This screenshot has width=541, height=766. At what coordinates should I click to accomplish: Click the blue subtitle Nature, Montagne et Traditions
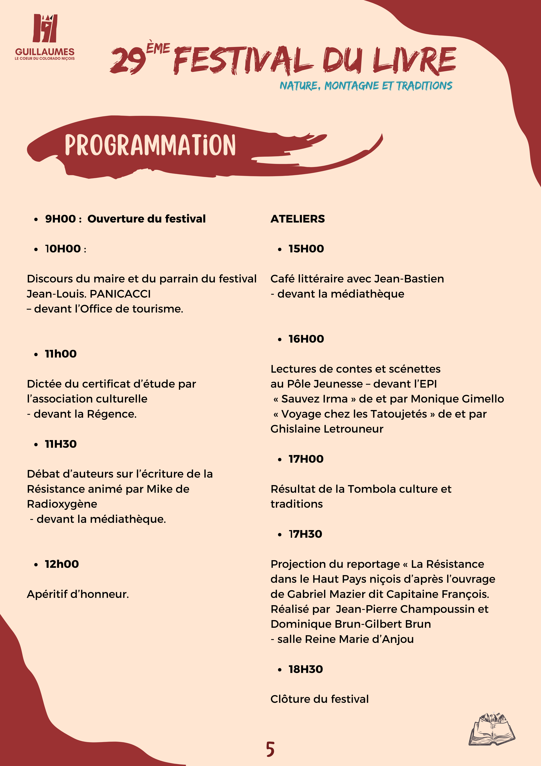tap(366, 86)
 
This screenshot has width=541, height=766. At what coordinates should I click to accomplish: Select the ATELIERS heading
tap(297, 219)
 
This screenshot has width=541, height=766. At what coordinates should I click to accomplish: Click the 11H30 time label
tap(61, 444)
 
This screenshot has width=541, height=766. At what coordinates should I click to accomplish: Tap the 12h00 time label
tap(62, 564)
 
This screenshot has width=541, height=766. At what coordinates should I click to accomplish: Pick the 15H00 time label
tap(306, 249)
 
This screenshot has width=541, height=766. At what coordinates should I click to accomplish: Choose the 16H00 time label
tap(306, 339)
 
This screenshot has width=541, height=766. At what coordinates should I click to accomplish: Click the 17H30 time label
tap(305, 534)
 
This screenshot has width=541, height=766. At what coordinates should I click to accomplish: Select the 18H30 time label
tap(306, 669)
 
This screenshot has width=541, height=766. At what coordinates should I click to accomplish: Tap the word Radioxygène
tap(62, 504)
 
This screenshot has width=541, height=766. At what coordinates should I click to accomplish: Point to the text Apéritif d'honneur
tap(78, 594)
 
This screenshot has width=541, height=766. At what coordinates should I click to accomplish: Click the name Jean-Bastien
tap(409, 279)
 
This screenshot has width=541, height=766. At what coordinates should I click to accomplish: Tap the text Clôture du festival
tap(319, 699)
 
